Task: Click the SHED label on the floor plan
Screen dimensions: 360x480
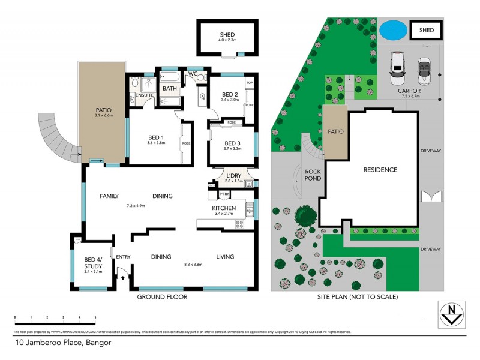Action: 227,35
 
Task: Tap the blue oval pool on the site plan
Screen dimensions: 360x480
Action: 392,28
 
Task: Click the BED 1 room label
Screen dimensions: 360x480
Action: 155,137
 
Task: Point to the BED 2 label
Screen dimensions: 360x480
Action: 230,95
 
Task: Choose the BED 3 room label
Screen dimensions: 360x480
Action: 232,143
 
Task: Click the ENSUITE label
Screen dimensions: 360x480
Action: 145,95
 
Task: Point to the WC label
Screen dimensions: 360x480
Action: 193,74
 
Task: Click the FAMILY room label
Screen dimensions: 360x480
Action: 109,196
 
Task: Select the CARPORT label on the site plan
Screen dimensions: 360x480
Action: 411,91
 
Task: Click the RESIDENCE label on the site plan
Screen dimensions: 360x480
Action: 380,170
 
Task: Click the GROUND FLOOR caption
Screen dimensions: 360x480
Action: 162,297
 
